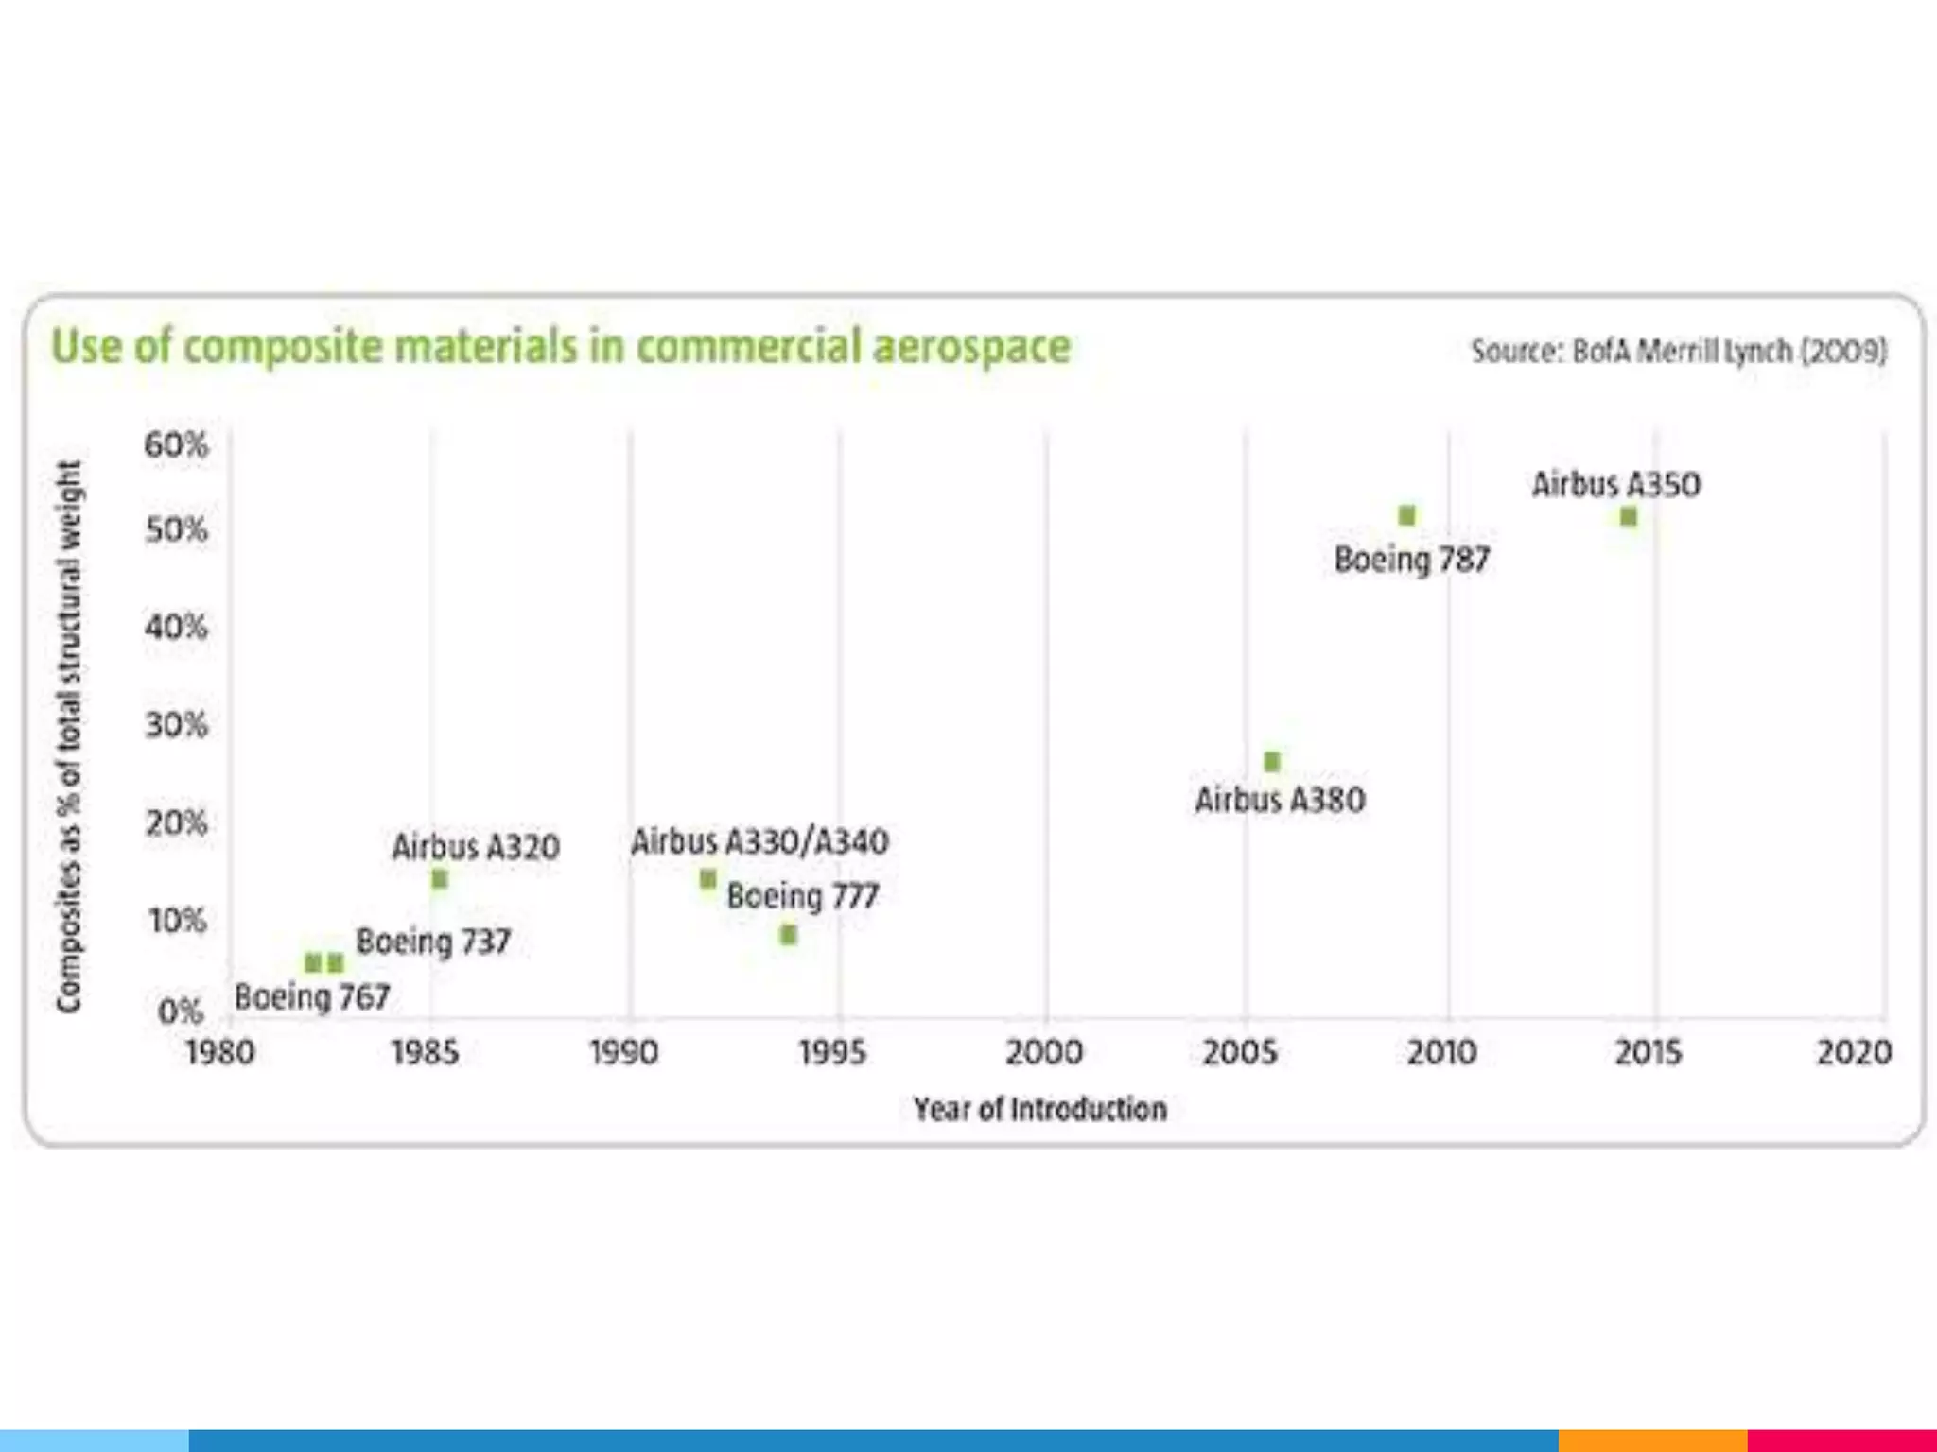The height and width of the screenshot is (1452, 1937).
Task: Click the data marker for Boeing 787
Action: coord(1406,515)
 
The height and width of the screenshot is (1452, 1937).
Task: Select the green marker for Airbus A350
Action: coord(1628,517)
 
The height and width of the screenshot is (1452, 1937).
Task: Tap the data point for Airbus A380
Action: coord(1272,761)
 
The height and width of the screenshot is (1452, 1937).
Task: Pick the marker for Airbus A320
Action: coord(439,879)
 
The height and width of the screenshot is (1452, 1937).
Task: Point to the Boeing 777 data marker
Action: coord(788,935)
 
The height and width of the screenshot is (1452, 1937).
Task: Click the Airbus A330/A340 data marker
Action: coord(707,879)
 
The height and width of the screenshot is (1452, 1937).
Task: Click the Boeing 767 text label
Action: coord(312,996)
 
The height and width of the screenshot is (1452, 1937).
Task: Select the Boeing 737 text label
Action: coord(433,942)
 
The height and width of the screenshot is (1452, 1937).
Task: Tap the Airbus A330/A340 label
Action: coord(759,841)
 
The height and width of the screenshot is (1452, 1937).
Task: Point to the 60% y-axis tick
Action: coord(176,444)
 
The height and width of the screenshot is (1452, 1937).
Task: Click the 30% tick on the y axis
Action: coord(176,725)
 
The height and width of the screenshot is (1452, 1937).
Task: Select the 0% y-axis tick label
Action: coord(180,1011)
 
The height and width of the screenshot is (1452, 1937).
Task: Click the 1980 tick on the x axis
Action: coord(219,1052)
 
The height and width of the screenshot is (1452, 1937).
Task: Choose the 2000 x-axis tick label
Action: coord(1043,1052)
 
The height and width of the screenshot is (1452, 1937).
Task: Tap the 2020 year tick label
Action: coord(1853,1052)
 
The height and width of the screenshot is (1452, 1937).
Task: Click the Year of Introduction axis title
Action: coord(1039,1109)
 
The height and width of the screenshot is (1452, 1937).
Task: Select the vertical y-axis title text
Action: coord(69,737)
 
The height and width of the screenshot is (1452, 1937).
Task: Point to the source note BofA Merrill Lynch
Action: coord(1678,352)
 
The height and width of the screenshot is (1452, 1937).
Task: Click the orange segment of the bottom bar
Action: coord(1651,1441)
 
